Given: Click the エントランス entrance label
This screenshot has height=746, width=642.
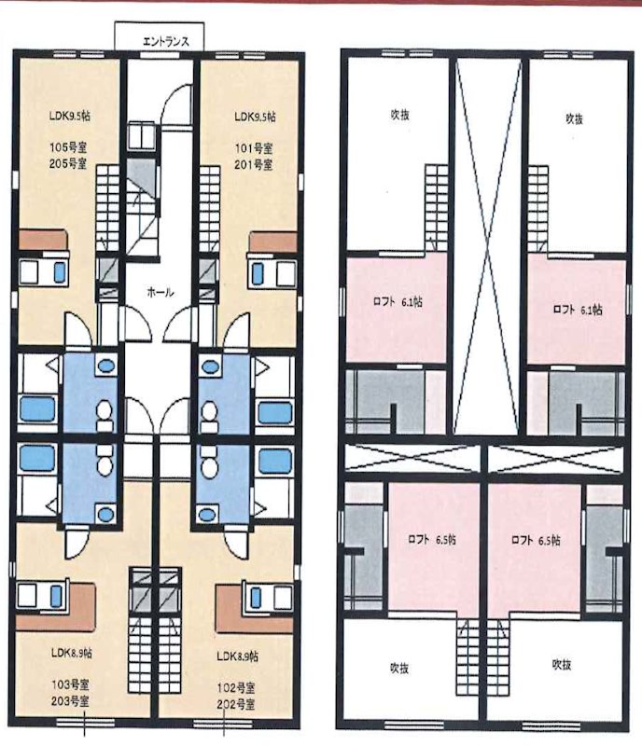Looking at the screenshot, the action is click(x=166, y=41).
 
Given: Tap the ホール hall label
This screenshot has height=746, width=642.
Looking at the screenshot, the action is click(x=160, y=292).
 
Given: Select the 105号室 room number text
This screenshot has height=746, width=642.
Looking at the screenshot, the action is click(x=68, y=147).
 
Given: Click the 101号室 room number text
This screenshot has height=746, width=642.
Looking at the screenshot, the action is click(x=254, y=149).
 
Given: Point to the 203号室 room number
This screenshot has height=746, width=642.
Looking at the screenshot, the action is click(x=70, y=701).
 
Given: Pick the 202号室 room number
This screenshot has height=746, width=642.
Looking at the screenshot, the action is click(x=236, y=704).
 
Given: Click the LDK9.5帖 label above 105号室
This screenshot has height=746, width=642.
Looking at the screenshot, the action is click(x=70, y=116).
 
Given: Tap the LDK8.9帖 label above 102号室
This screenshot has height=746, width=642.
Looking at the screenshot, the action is click(x=237, y=656).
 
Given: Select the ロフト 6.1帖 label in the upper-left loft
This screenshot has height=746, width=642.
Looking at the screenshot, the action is click(x=398, y=301).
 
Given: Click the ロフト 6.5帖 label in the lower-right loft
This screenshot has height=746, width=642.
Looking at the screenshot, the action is click(x=536, y=541).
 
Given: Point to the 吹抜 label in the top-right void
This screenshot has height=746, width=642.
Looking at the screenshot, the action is click(x=574, y=118).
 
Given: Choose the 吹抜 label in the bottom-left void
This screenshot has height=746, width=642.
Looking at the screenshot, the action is click(x=399, y=668).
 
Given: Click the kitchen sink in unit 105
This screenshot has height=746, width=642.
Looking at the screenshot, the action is click(x=59, y=271).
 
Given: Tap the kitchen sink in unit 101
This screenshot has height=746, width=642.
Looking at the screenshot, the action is click(x=257, y=273).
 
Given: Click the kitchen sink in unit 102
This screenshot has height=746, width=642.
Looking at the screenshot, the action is click(x=257, y=596).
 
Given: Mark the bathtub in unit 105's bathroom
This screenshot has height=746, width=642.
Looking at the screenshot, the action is click(x=37, y=409).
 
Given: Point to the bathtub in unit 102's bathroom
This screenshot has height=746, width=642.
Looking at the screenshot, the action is click(x=274, y=460).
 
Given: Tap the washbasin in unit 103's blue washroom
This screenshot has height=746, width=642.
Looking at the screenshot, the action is click(x=105, y=514).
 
